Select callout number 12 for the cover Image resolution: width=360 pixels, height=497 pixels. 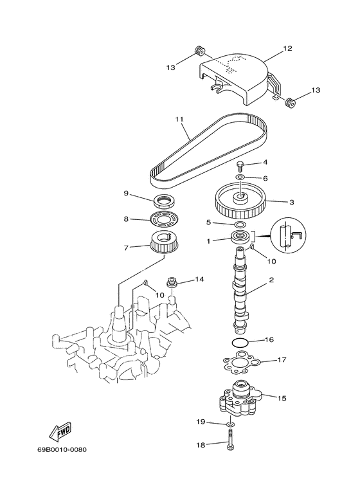coord(287,48)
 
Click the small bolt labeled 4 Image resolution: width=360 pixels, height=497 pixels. coord(239,164)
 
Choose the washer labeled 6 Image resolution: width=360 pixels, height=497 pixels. coord(239,177)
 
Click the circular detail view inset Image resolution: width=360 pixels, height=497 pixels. coord(287,235)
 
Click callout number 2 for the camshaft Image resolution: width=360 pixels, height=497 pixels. coord(272,280)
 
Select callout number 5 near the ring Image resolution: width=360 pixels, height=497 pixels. coord(208,222)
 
